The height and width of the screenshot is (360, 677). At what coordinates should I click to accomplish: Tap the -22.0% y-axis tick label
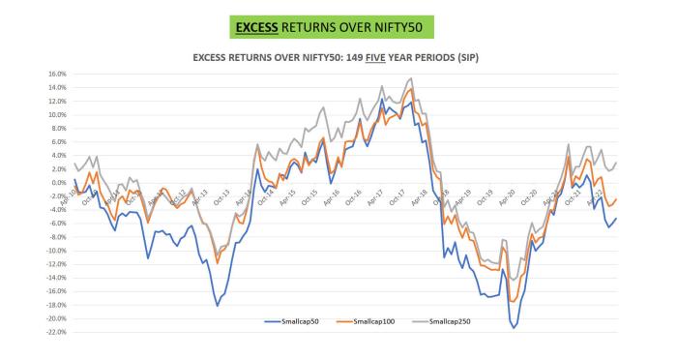pos(51,332)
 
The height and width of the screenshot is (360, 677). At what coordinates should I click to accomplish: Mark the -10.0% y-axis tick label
pos(51,251)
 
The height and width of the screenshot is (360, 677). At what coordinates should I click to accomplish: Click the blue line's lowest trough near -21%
pos(514,328)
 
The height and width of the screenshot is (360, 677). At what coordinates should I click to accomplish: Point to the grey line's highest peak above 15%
pos(411,78)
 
